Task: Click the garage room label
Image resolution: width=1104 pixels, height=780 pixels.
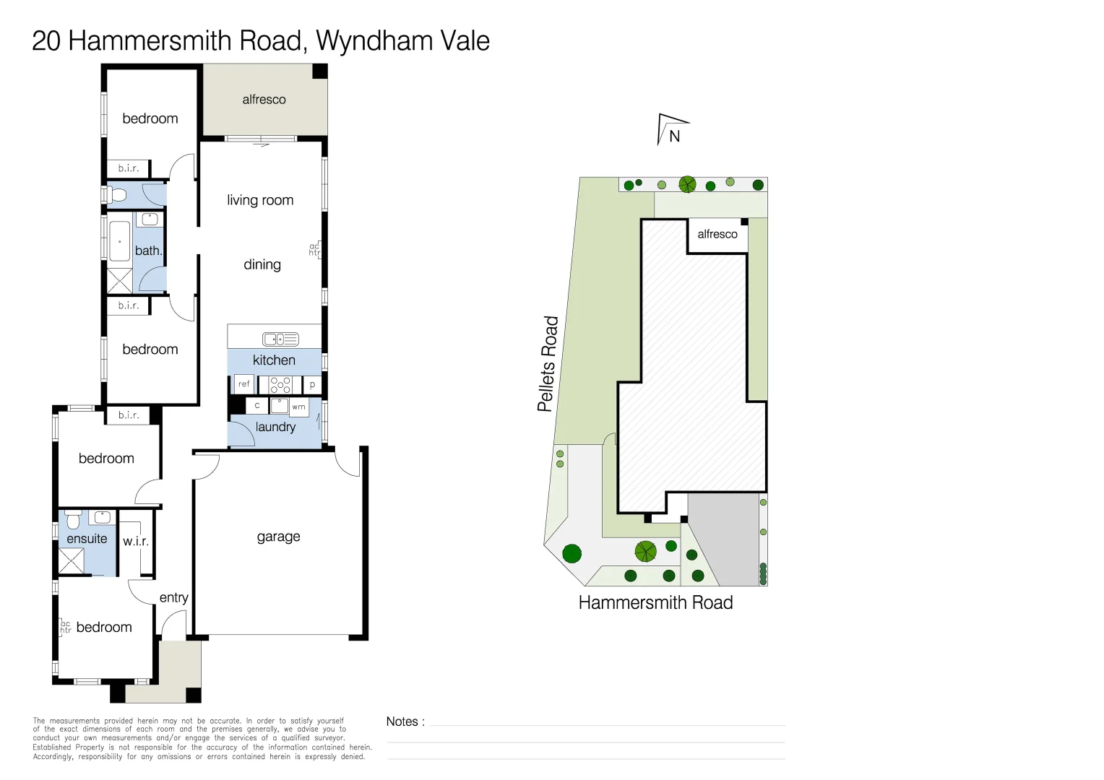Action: (278, 537)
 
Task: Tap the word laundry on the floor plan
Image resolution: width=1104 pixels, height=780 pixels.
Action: (275, 427)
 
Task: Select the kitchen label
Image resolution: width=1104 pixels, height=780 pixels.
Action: (274, 360)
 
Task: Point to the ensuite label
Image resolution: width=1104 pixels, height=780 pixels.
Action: (87, 539)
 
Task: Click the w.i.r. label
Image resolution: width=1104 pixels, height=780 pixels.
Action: (136, 541)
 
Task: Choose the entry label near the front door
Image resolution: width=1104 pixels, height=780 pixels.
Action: (173, 597)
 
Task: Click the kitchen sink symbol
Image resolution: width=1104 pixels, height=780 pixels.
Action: (280, 339)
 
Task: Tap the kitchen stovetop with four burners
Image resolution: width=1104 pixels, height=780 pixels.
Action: (280, 385)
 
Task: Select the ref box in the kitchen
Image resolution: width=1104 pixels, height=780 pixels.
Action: (243, 384)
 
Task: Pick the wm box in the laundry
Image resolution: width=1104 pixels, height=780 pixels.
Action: (298, 407)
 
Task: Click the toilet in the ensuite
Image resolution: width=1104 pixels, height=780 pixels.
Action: (73, 519)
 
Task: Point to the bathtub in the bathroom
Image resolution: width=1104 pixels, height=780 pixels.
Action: (119, 240)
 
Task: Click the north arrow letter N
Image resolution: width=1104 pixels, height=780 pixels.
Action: (675, 136)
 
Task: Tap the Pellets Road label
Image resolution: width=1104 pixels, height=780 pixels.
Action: (548, 363)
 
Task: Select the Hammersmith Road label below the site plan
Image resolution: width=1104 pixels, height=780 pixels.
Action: (655, 602)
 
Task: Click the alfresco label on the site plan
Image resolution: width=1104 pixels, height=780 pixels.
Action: (717, 234)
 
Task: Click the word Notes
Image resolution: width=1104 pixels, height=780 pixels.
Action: (402, 721)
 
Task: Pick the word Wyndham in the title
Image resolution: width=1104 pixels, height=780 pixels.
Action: (368, 41)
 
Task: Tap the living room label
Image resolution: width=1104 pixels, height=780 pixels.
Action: (260, 200)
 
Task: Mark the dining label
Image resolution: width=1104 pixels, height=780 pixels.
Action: (262, 264)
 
